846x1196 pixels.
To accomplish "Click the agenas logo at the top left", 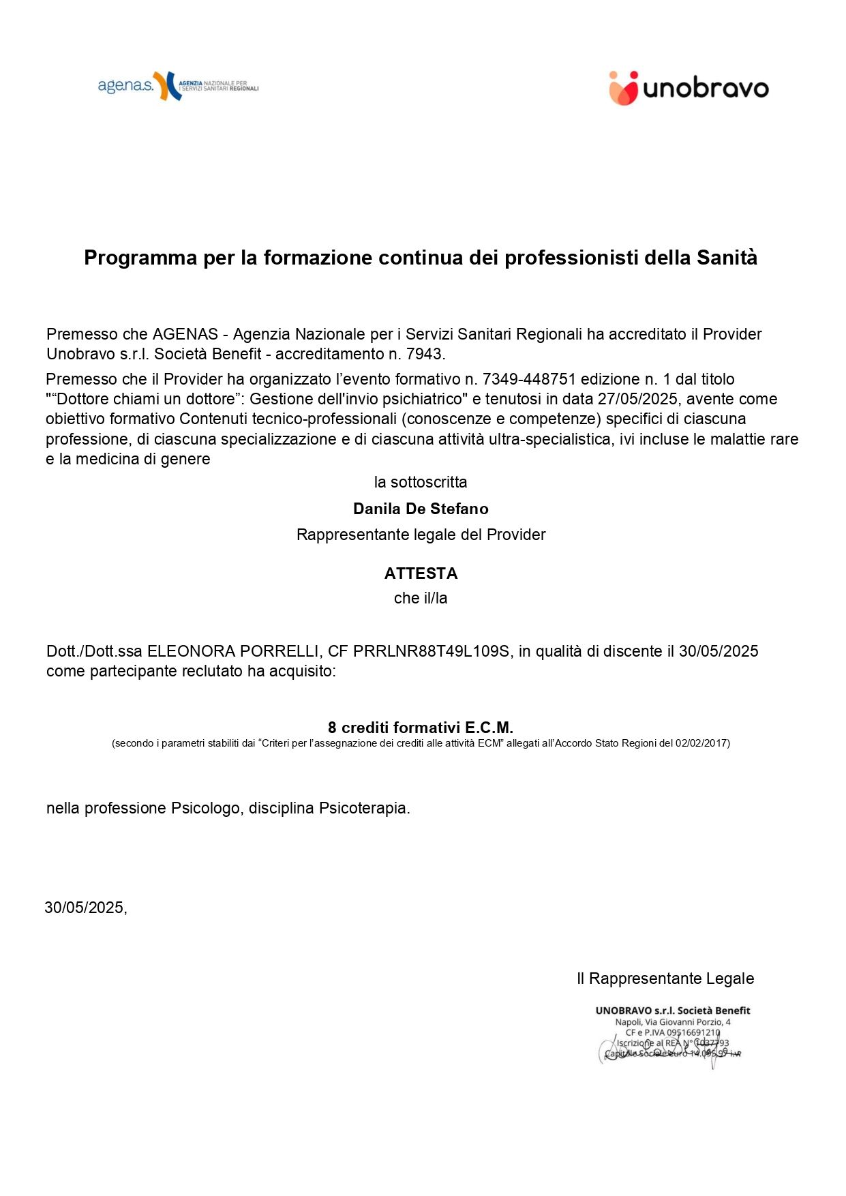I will click(178, 87).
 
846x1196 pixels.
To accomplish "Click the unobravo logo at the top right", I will click(689, 89).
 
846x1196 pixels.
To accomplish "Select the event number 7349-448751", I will click(529, 379).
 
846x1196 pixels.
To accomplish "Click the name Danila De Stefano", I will click(421, 509).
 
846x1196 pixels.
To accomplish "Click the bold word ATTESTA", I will click(421, 573).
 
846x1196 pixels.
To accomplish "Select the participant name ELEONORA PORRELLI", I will click(233, 651).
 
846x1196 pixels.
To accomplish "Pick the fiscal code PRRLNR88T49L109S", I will click(431, 651).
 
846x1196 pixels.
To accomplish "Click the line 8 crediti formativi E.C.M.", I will click(421, 728).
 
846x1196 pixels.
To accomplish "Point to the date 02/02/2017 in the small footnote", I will click(702, 743).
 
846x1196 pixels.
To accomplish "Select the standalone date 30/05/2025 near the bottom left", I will click(85, 908).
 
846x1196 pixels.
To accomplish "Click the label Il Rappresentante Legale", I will click(665, 978).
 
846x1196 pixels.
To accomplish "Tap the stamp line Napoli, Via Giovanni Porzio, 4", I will click(673, 1021).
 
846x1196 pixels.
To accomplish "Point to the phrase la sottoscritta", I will click(421, 482).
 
